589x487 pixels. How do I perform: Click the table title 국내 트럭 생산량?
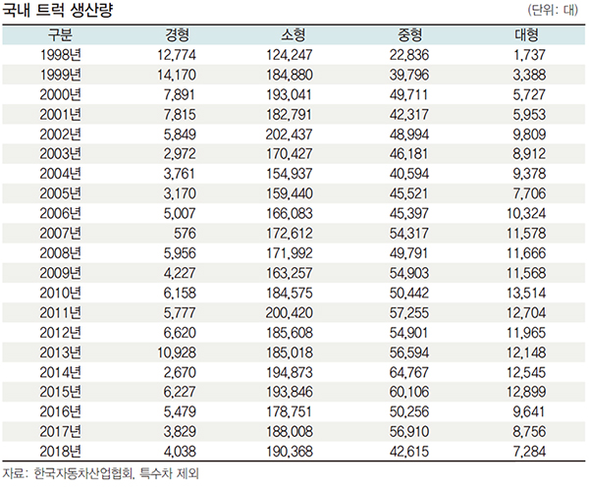tap(61, 11)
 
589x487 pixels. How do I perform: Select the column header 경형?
tap(178, 35)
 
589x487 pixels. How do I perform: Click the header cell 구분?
tap(61, 35)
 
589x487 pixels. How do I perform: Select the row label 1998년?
tap(61, 55)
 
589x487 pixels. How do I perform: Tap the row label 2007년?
tap(61, 232)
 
